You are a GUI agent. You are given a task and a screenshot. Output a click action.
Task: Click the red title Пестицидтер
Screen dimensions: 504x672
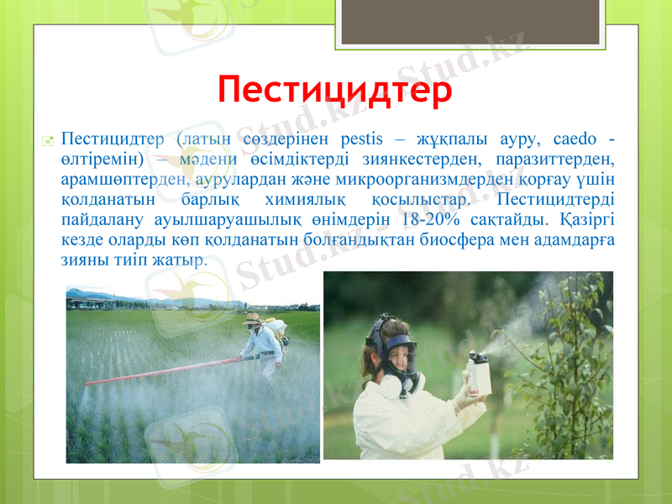tap(335, 88)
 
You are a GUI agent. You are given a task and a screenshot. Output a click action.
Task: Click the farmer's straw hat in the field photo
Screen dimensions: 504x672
tap(251, 319)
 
